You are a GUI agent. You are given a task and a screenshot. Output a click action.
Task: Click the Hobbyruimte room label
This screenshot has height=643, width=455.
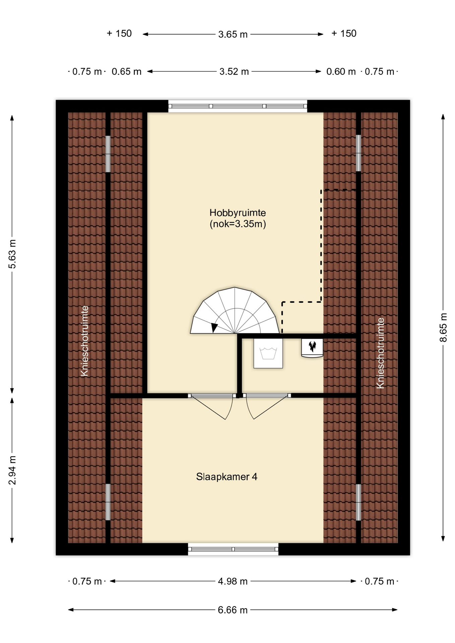tap(238, 213)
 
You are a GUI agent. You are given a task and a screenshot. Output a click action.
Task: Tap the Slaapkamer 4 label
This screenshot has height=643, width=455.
tap(227, 477)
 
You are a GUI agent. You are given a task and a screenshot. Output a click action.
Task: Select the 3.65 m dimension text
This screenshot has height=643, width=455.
tap(233, 34)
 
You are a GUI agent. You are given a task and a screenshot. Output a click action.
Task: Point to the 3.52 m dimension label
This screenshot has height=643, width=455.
tap(234, 71)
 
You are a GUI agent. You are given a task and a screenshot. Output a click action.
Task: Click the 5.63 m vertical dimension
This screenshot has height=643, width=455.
tap(12, 254)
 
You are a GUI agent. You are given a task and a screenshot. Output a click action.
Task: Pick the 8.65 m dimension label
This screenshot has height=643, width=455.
tap(443, 327)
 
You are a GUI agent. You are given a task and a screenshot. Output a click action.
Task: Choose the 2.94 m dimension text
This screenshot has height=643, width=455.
tap(12, 470)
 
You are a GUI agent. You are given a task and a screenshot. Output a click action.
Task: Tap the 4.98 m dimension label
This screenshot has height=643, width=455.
tap(233, 581)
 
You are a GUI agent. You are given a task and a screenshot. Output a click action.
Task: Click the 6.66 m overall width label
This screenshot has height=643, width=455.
tap(233, 610)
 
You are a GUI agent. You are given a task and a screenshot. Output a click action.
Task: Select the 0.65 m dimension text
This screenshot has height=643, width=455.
tap(127, 71)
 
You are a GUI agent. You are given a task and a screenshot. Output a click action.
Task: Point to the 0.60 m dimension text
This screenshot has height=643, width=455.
tap(341, 71)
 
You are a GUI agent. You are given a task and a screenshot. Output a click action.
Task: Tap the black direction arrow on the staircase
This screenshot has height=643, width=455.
tap(214, 328)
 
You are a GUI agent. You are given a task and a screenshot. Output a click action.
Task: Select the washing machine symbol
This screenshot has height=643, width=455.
tap(268, 353)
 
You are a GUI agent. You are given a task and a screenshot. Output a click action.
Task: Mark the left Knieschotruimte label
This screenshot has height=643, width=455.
tap(85, 341)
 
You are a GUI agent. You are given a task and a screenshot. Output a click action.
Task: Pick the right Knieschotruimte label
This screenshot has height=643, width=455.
tap(380, 353)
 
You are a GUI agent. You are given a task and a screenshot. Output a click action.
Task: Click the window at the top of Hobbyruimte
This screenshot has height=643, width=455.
tap(238, 106)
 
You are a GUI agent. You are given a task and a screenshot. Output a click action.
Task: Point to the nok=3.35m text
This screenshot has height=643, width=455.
tap(238, 224)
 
